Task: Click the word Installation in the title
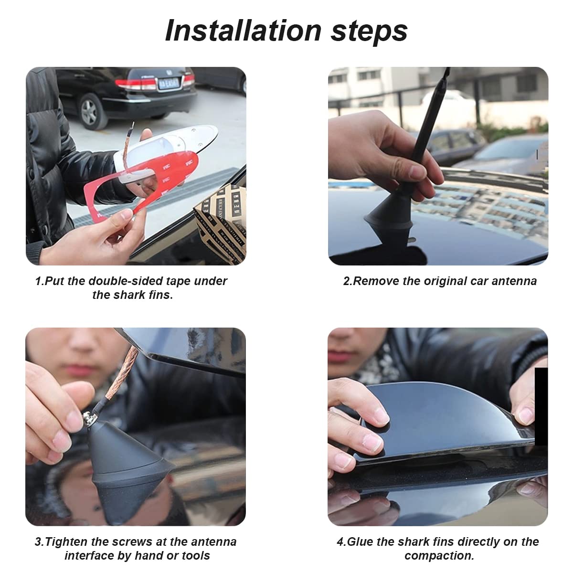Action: (243, 31)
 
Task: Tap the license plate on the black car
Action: (169, 83)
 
